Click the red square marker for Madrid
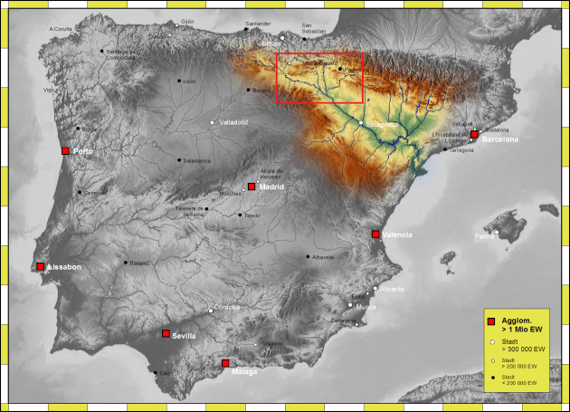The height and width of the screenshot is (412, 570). (252, 187)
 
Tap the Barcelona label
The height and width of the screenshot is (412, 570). (500, 140)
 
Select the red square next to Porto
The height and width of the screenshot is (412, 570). (65, 151)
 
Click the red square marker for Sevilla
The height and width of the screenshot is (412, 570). (166, 333)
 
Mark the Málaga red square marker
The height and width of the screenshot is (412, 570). (224, 363)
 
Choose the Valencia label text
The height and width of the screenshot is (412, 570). (397, 235)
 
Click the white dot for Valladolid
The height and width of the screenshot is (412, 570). (212, 122)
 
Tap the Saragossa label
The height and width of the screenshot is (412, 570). (382, 123)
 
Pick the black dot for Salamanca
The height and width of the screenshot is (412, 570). (179, 158)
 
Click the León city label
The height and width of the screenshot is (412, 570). (190, 81)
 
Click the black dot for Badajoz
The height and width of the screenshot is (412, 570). (125, 263)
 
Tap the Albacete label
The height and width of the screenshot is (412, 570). (323, 257)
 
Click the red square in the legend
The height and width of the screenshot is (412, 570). (491, 322)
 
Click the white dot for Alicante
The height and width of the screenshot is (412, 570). (375, 288)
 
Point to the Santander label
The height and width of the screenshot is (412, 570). (258, 24)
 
